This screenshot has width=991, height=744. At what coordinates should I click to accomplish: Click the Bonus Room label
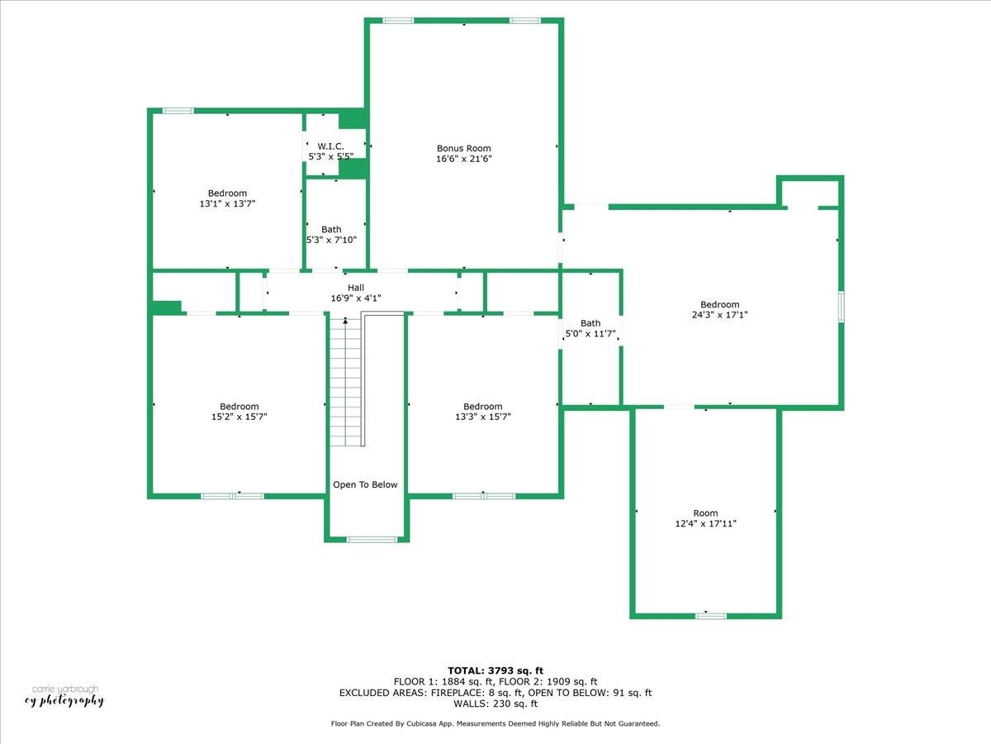tap(463, 149)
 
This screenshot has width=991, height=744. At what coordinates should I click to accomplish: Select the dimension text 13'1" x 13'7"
tap(227, 203)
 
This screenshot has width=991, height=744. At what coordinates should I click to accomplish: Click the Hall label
tap(356, 287)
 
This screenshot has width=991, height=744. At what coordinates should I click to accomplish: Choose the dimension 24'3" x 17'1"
tap(719, 315)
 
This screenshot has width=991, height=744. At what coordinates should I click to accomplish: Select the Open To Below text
tap(365, 485)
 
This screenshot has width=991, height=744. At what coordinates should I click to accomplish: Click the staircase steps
tap(344, 380)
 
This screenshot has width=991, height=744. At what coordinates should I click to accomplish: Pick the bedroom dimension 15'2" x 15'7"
tap(239, 417)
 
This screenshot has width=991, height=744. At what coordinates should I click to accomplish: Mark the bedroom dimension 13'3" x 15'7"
tap(482, 417)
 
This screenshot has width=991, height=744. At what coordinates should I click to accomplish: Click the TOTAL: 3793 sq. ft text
tap(495, 670)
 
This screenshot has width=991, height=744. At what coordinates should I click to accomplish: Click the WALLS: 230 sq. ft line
tap(495, 704)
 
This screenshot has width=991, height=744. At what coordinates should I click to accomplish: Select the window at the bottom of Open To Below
tap(371, 540)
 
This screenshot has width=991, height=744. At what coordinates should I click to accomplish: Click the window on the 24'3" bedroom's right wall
tap(841, 305)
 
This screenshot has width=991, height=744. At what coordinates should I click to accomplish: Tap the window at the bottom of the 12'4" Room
tap(710, 615)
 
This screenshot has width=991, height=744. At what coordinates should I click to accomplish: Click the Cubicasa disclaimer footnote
tap(495, 724)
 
